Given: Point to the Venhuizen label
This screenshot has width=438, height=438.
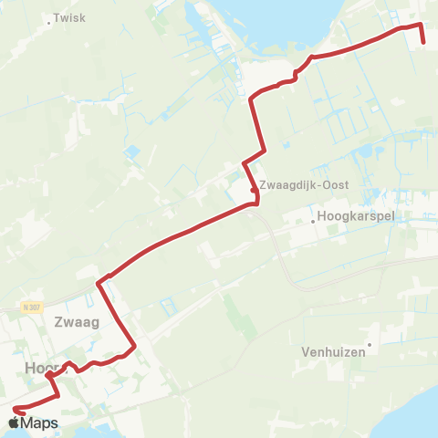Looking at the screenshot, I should pyautogui.click(x=333, y=350).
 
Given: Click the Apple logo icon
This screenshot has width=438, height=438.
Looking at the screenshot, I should pyautogui.click(x=14, y=423).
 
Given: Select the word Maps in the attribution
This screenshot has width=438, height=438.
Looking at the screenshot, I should pyautogui.click(x=39, y=423).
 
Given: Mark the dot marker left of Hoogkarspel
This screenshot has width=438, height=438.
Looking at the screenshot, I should pyautogui.click(x=312, y=219).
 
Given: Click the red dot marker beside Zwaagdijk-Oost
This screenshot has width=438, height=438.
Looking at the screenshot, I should pyautogui.click(x=253, y=190).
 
